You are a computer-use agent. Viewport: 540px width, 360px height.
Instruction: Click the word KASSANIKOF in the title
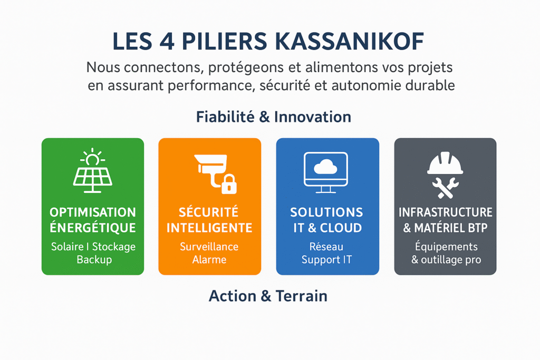point(350,42)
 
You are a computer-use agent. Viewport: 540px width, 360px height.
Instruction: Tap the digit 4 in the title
point(167,42)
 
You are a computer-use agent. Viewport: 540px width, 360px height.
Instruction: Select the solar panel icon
point(93,170)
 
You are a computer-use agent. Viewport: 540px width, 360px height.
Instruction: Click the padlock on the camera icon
point(229,184)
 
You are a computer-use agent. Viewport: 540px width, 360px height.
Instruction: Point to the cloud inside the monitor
point(325,168)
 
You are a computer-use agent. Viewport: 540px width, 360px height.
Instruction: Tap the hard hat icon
point(445,163)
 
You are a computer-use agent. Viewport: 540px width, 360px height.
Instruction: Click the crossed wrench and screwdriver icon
point(445,188)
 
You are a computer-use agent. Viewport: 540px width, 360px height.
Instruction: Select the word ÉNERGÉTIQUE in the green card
point(93,228)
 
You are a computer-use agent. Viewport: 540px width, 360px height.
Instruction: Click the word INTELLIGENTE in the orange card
point(209,228)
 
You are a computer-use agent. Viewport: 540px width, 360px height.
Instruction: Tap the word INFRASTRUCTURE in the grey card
point(445,212)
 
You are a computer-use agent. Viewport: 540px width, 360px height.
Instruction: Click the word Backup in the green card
point(94,260)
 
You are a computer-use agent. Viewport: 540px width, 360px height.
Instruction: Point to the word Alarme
point(209,259)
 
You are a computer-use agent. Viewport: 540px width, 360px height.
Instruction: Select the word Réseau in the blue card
point(326,247)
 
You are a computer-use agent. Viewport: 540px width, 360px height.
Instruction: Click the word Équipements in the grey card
point(446,247)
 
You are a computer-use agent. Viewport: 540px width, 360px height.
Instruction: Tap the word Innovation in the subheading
point(313,117)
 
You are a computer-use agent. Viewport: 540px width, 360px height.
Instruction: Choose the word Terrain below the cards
point(301,296)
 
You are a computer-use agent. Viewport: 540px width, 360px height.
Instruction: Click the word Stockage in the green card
point(114,247)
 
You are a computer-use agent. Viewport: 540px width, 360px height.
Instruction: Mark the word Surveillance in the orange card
point(209,247)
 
